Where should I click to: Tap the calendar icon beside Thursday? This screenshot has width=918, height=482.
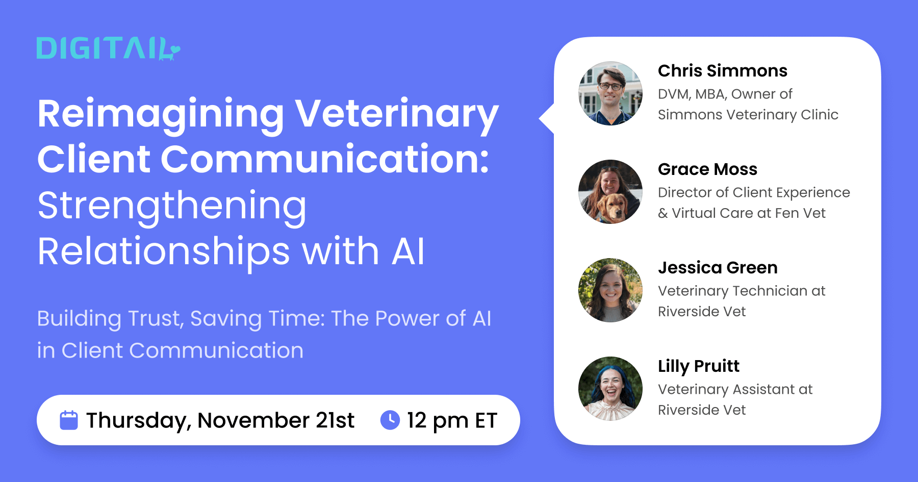click(69, 420)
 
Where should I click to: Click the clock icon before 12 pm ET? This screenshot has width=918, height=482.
click(390, 420)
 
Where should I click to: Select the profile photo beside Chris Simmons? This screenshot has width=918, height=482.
click(610, 94)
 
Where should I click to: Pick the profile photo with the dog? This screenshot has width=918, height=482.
click(610, 192)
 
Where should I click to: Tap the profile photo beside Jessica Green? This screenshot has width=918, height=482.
click(610, 290)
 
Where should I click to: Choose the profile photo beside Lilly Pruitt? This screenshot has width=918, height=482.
click(610, 389)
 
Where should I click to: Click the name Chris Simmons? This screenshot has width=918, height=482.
click(722, 71)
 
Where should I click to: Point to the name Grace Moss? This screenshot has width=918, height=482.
click(707, 169)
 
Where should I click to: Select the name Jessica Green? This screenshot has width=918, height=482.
click(718, 268)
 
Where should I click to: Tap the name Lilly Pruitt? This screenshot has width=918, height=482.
click(698, 366)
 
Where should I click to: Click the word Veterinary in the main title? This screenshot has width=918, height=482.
click(396, 114)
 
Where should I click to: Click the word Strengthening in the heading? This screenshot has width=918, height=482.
click(172, 206)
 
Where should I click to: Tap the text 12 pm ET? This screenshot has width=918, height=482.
click(452, 420)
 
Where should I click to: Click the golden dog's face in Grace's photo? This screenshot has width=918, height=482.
click(612, 207)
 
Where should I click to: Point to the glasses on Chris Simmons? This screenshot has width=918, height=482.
click(610, 86)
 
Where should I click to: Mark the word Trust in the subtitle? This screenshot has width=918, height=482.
click(155, 319)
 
